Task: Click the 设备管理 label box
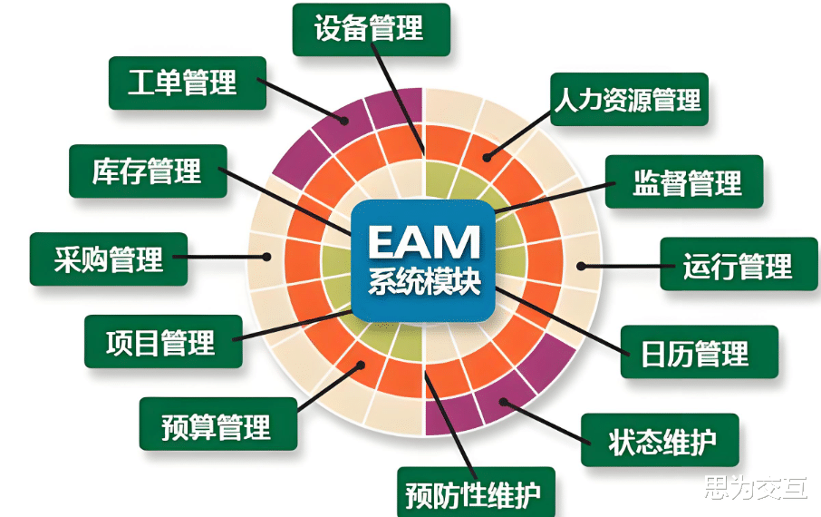pos(371,29)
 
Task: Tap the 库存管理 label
pos(148,171)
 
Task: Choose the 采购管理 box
pos(109,259)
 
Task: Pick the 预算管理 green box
pos(217,423)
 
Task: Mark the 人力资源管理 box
pos(629,99)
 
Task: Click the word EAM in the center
pos(422,242)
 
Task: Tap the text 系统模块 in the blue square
pos(423,279)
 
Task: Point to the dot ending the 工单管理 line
pos(344,122)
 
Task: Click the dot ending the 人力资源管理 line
pos(488,157)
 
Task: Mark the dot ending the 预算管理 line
pos(362,366)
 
